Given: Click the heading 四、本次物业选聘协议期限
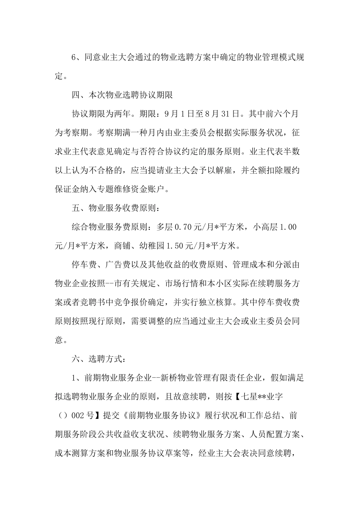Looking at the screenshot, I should click(122, 95).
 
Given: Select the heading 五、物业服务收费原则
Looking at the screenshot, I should click(114, 208).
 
